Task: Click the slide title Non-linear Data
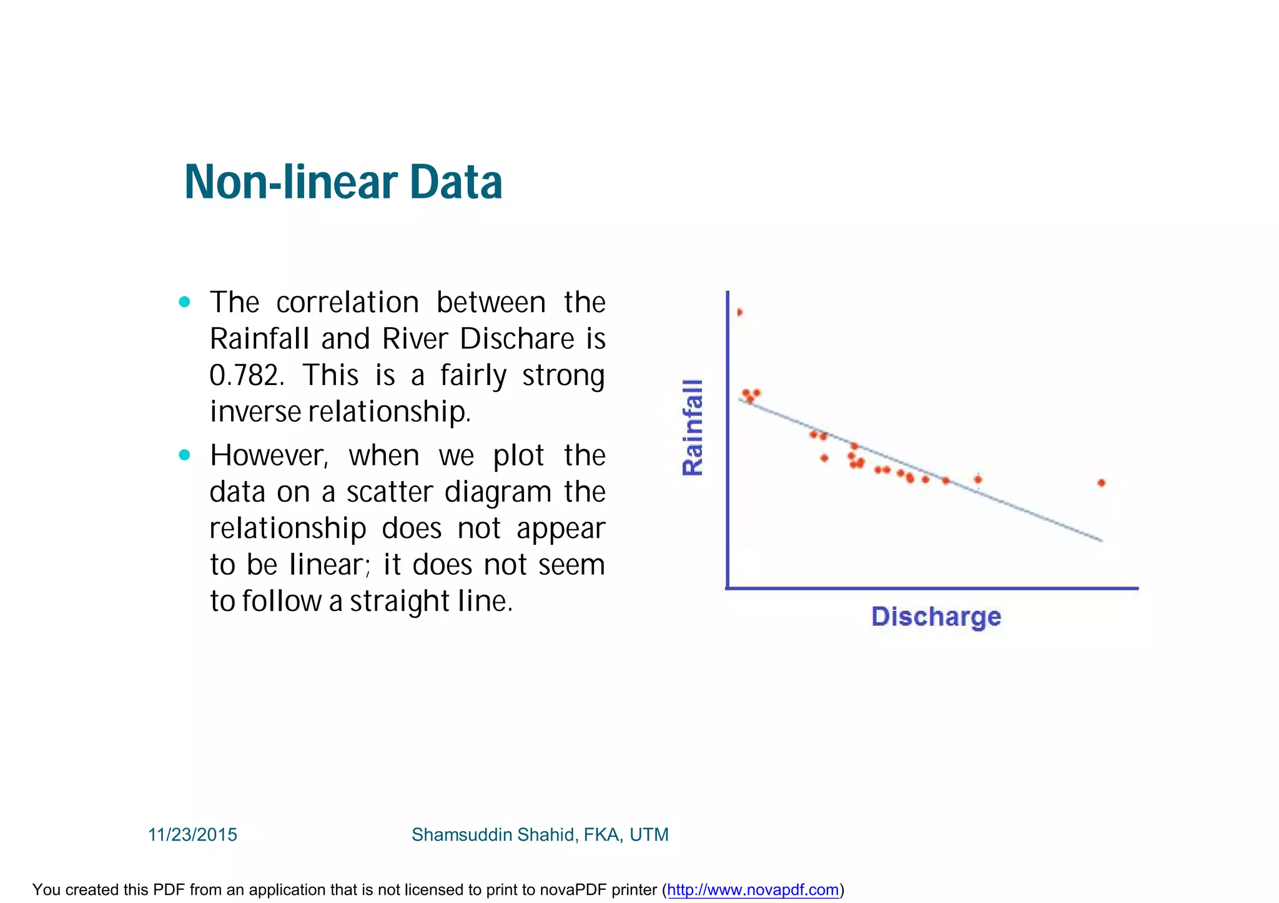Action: pos(343,182)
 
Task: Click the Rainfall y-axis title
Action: pos(693,427)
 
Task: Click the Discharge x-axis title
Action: pos(936,617)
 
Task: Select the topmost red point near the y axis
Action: pos(739,312)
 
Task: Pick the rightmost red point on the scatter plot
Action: pos(1101,482)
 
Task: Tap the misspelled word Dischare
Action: pos(517,339)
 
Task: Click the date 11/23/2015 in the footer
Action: pos(192,834)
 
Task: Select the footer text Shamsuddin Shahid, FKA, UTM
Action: pos(540,834)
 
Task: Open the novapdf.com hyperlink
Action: pos(753,889)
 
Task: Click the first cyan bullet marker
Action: pos(184,302)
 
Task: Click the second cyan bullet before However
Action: pos(184,455)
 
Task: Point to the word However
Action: pos(269,456)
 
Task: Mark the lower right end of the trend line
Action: pos(1100,540)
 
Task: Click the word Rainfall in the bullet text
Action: pos(259,339)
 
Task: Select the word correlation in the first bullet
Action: pos(347,303)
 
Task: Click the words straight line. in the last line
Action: pos(431,601)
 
